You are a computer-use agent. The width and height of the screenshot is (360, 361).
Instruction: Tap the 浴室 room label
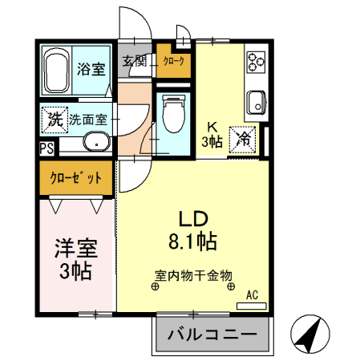pos(91,69)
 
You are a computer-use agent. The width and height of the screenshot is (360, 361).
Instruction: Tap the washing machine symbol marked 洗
pos(55,120)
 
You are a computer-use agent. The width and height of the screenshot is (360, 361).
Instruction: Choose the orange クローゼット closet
pos(76,178)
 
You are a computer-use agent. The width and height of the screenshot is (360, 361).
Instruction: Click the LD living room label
pos(193,219)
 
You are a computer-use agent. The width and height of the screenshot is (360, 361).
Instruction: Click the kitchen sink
pos(256,103)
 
